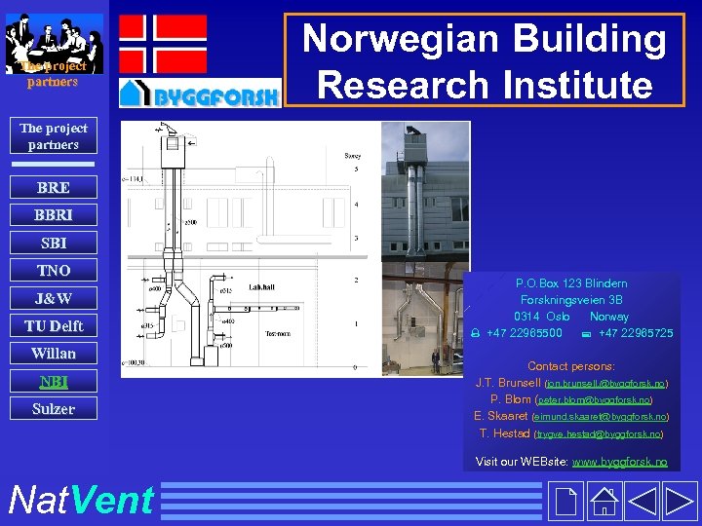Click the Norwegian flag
pyautogui.click(x=163, y=44)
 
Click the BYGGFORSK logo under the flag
pyautogui.click(x=200, y=94)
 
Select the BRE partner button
pyautogui.click(x=53, y=188)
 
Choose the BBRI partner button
pyautogui.click(x=53, y=215)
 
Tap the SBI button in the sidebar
pyautogui.click(x=53, y=243)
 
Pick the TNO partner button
pyautogui.click(x=53, y=270)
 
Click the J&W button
pyautogui.click(x=53, y=298)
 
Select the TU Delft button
pyautogui.click(x=53, y=325)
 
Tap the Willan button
pyautogui.click(x=53, y=353)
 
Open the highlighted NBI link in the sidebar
pyautogui.click(x=53, y=381)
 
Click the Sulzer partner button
pyautogui.click(x=53, y=408)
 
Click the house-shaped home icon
pyautogui.click(x=604, y=502)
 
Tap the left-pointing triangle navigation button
pyautogui.click(x=643, y=502)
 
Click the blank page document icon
pyautogui.click(x=565, y=502)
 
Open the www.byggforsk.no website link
pyautogui.click(x=619, y=462)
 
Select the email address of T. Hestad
pyautogui.click(x=599, y=433)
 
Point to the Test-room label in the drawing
pyautogui.click(x=280, y=332)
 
